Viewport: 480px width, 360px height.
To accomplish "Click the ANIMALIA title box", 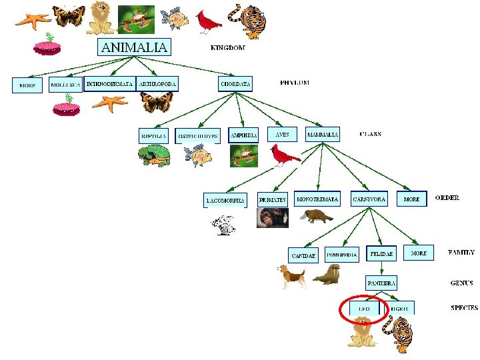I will pos(134,47).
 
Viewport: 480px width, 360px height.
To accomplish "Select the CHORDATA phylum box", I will pos(236,84).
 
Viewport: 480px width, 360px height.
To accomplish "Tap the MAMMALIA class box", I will pos(323,135).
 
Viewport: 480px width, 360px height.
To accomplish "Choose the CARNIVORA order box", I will pos(369,199).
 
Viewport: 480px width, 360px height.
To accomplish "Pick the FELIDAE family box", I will pos(382,254).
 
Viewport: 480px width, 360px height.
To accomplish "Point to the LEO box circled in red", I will pos(364,309).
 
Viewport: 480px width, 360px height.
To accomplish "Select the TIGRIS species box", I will pos(401,309).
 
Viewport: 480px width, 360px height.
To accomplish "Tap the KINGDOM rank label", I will pos(227,48).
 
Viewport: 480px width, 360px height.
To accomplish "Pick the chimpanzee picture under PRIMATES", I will pos(272,218).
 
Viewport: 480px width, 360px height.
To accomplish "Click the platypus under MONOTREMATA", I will pos(315,216).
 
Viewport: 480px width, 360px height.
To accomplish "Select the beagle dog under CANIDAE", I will pos(292,275).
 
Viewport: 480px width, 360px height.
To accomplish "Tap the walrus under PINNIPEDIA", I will pos(327,274).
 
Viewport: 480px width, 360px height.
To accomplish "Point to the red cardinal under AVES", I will pos(285,156).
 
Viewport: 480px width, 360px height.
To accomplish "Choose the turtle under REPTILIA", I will pos(155,156).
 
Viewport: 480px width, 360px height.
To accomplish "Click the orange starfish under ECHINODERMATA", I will pos(109,103).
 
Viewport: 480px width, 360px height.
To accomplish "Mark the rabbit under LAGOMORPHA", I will pos(225,225).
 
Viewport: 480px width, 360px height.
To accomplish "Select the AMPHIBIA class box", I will pos(243,135).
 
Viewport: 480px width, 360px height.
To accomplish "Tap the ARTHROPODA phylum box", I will pos(157,84).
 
